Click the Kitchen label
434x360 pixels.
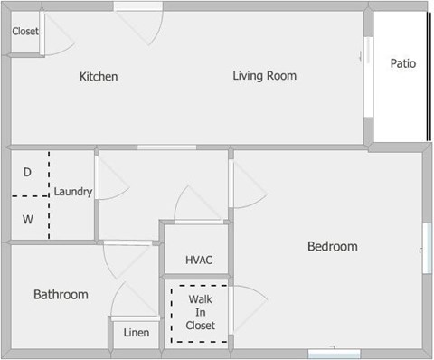(99, 77)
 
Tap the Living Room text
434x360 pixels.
(264, 76)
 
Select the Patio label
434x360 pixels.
(402, 64)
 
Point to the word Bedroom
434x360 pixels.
(332, 246)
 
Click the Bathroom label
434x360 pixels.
(61, 295)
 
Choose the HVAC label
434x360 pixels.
(199, 261)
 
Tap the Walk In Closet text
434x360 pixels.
(200, 312)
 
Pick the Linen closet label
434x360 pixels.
(137, 333)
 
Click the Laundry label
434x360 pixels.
(73, 192)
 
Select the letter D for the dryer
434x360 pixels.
(27, 172)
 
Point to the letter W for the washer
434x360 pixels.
(27, 218)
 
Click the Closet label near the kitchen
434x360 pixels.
(25, 32)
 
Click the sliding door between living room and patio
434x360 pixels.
(368, 77)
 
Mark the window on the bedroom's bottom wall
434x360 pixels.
(334, 353)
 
